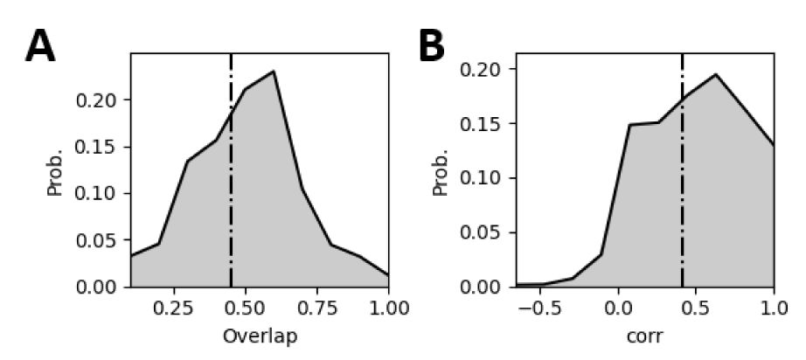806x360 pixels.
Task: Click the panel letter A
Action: (x=40, y=46)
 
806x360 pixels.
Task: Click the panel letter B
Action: (x=432, y=46)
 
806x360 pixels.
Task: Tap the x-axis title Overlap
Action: (x=261, y=336)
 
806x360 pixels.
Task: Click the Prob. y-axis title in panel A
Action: (x=55, y=170)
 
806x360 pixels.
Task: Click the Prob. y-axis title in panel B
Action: (x=441, y=170)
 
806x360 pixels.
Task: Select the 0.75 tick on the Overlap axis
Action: (x=331, y=308)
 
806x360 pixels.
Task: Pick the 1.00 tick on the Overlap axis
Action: (x=390, y=308)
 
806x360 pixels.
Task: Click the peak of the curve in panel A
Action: (x=274, y=72)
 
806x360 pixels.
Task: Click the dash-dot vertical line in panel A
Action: (x=231, y=201)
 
